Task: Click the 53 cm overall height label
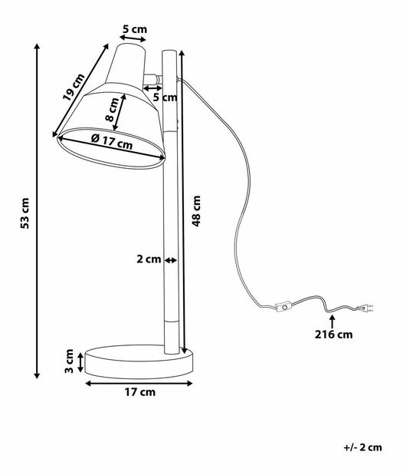pyautogui.click(x=25, y=213)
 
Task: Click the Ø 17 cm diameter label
pyautogui.click(x=111, y=142)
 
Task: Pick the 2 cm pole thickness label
pyautogui.click(x=148, y=259)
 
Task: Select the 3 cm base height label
pyautogui.click(x=70, y=361)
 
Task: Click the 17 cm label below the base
pyautogui.click(x=139, y=393)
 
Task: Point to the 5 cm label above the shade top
pyautogui.click(x=134, y=31)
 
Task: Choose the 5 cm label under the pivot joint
pyautogui.click(x=165, y=97)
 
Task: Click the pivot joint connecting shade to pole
pyautogui.click(x=157, y=78)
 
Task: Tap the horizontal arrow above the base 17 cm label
pyautogui.click(x=139, y=381)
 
